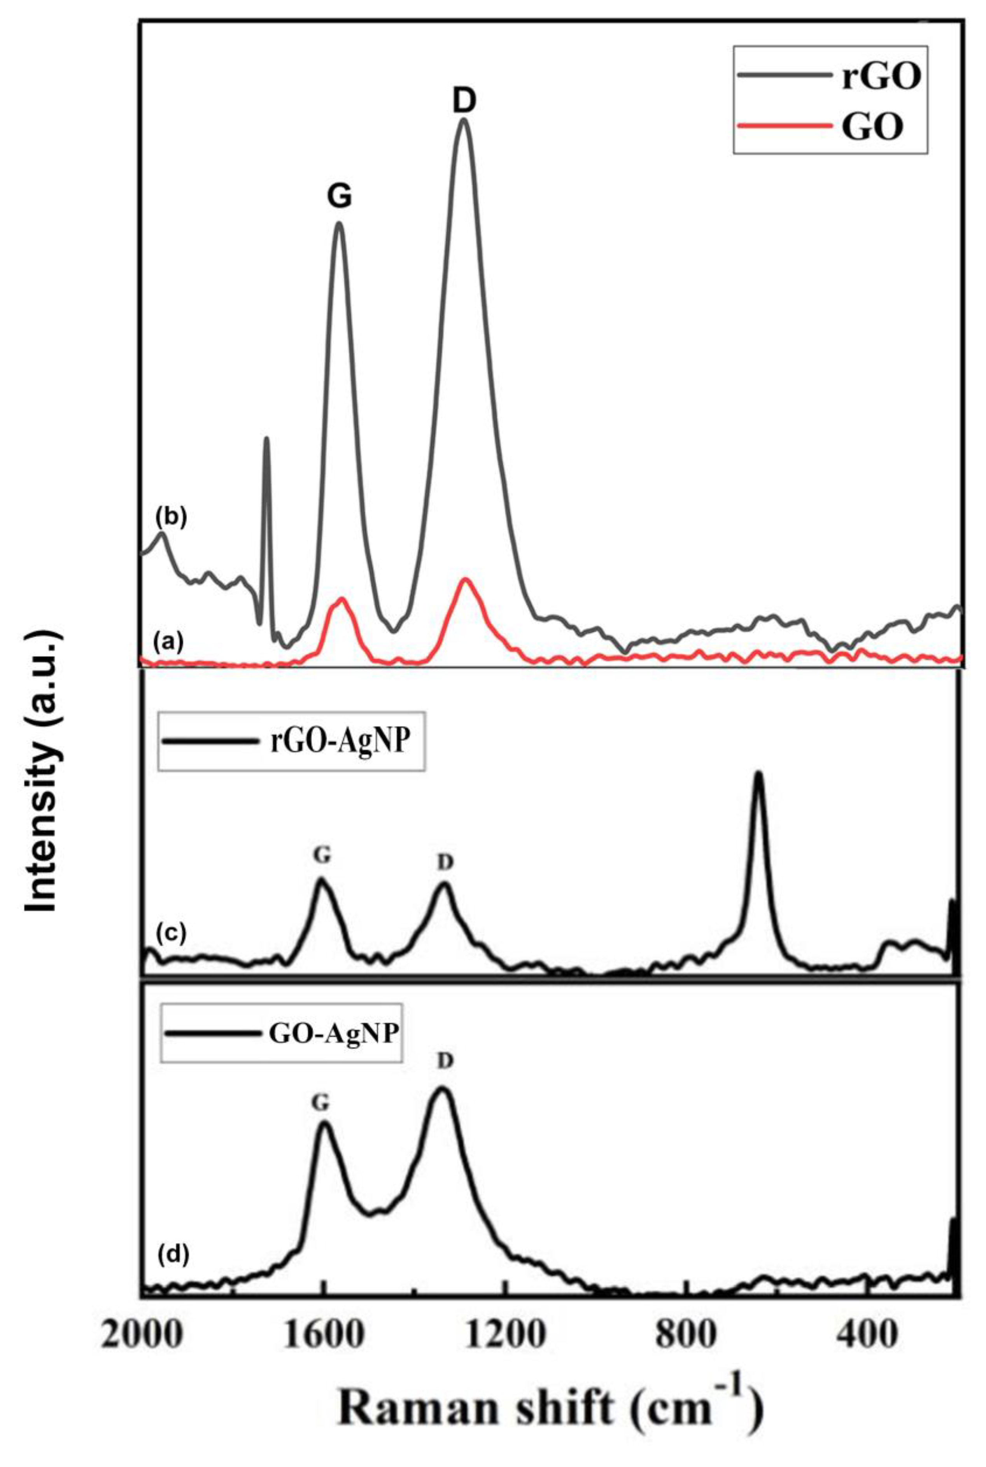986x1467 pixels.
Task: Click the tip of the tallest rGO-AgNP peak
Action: (x=758, y=775)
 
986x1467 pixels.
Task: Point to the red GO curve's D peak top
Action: (x=465, y=579)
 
